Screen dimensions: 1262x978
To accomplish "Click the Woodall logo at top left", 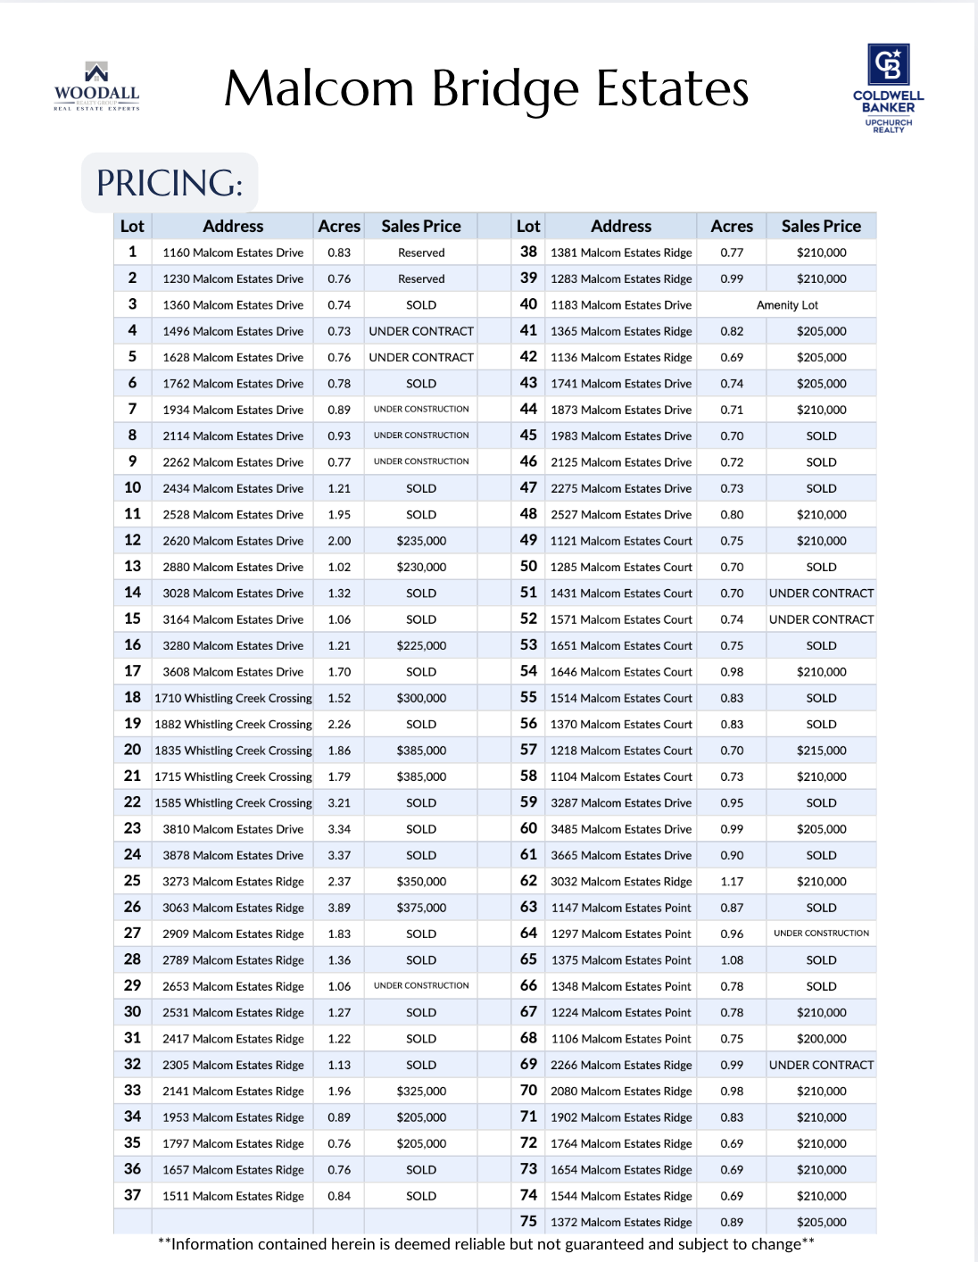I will point(96,87).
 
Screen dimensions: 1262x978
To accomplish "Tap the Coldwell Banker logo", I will point(888,87).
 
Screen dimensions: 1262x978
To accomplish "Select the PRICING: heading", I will point(170,183).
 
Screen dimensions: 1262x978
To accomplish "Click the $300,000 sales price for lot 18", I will point(421,698).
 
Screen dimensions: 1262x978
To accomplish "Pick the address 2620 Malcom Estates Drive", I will point(233,541).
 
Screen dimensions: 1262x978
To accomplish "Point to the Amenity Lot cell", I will point(787,305).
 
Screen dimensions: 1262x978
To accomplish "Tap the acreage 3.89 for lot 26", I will point(339,908).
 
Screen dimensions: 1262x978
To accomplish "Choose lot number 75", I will point(528,1222).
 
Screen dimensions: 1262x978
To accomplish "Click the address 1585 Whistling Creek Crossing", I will point(233,803).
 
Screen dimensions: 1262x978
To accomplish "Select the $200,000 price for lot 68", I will point(821,1039).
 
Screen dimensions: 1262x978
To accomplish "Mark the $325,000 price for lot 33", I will point(421,1092).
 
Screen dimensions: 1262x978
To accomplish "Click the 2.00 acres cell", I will point(339,541).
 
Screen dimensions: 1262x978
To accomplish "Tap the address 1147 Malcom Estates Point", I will point(621,908).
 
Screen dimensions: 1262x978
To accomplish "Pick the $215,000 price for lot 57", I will point(821,751).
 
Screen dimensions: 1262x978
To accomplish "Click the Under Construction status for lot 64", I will point(821,934).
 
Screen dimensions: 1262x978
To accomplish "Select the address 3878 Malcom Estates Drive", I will point(233,855).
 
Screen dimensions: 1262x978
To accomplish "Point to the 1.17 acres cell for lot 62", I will point(732,882).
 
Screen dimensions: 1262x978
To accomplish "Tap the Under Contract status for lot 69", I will point(821,1065).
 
